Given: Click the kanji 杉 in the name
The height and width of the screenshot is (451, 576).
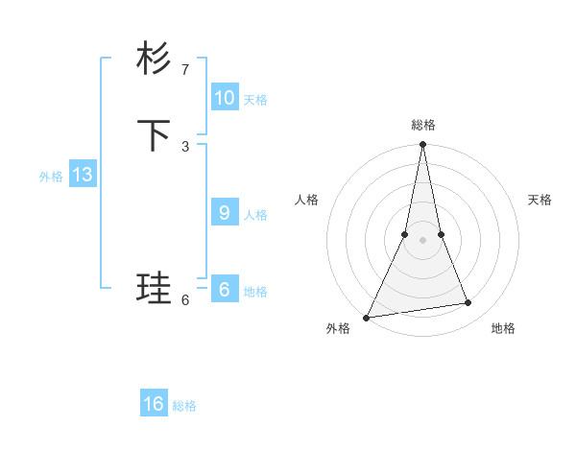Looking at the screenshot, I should [154, 59].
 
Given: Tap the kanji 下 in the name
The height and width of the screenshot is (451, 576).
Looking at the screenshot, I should [154, 135].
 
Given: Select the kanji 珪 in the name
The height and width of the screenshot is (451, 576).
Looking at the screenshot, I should [154, 289].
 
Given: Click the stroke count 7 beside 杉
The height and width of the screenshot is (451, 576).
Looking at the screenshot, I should [185, 70].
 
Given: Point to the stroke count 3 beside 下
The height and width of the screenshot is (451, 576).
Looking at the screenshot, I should [185, 146].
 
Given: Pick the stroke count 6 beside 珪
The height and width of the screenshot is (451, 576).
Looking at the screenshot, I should [185, 299].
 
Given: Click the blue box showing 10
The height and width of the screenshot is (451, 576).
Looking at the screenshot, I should [225, 98].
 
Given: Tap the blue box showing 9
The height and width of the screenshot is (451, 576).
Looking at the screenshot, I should [225, 213].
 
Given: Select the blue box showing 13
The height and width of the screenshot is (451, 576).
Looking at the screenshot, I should [83, 175].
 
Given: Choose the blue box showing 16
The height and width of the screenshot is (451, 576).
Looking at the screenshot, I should [154, 404].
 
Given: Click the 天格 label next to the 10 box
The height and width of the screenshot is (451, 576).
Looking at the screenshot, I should [255, 100].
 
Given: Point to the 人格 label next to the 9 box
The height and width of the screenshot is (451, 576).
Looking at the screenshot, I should [255, 215].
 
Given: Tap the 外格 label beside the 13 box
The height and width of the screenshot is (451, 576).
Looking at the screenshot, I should [51, 177].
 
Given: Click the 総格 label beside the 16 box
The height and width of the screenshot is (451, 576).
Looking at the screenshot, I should [184, 406].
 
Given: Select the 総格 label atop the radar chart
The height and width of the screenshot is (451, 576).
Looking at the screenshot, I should [422, 126].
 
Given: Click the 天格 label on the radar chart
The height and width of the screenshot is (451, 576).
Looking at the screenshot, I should [540, 200].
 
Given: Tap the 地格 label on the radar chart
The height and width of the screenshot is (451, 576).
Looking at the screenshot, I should [503, 328].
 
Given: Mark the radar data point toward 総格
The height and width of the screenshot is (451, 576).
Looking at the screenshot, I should [422, 145].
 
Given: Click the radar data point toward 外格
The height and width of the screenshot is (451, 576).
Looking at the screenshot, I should [366, 317].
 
